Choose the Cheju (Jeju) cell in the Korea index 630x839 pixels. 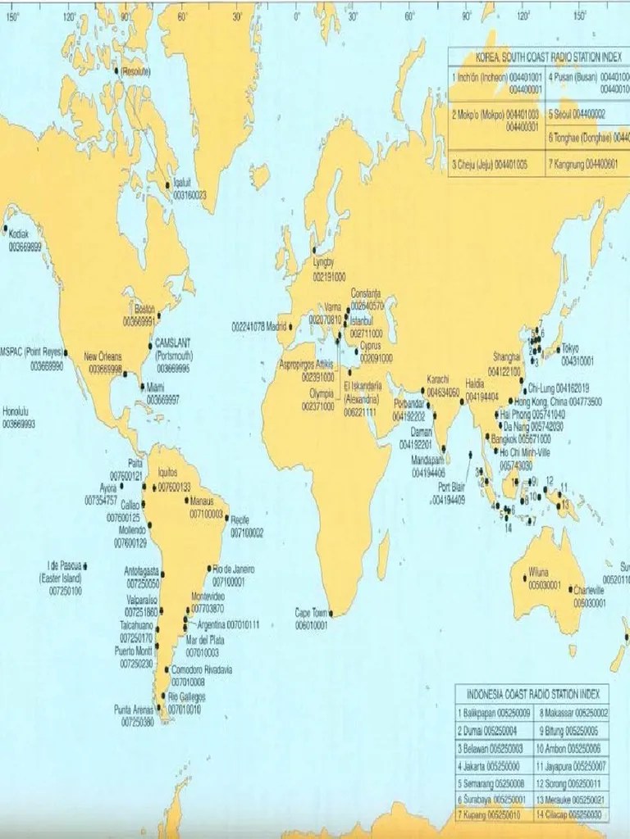(x=490, y=164)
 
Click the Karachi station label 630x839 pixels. (x=438, y=379)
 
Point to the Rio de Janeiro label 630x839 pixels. (x=234, y=569)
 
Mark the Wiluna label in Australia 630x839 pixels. (x=539, y=571)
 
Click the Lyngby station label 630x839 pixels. (x=324, y=263)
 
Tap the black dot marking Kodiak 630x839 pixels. (x=6, y=229)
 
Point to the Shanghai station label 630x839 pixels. (x=505, y=357)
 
